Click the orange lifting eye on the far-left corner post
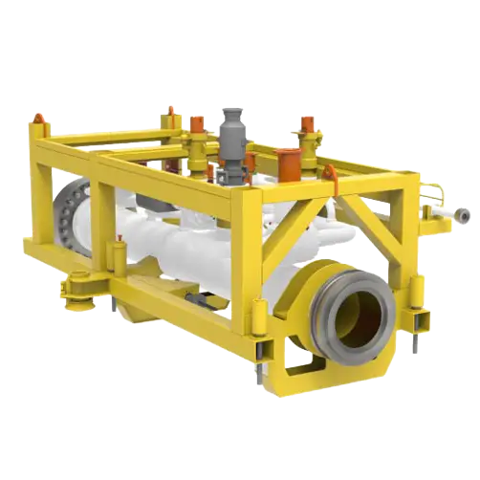point(38,119)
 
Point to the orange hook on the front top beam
point(329,173)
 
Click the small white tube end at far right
point(463,216)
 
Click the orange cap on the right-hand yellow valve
point(307,124)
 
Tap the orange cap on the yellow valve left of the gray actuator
point(197,124)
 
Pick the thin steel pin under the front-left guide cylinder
point(258,373)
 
